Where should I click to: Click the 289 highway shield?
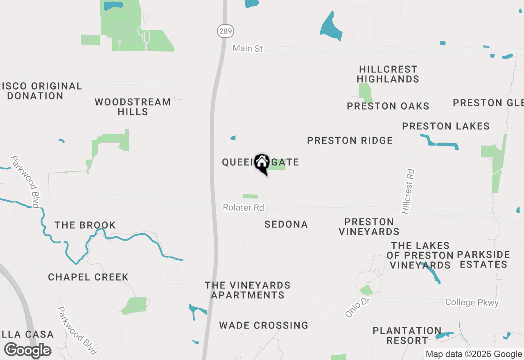225,30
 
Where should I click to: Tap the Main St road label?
247,48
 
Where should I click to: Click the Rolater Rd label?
243,208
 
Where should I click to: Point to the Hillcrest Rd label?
408,191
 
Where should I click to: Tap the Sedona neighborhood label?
286,224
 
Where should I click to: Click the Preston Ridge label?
350,140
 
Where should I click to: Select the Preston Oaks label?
388,106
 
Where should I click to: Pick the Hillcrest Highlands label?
388,74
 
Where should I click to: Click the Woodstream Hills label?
133,106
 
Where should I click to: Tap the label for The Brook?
85,225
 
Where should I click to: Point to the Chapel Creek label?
88,277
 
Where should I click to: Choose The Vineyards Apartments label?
248,290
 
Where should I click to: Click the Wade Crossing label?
263,325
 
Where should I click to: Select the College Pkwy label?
472,302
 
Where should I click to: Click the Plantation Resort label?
407,335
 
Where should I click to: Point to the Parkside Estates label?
483,259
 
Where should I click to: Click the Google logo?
27,350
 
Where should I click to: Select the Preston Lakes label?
445,126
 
